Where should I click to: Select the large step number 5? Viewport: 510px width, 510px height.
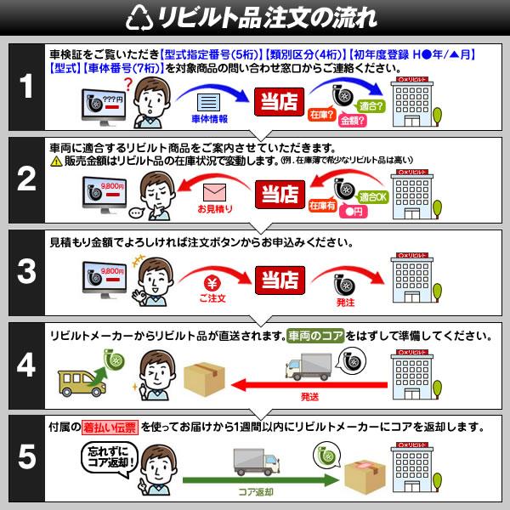point(27,456)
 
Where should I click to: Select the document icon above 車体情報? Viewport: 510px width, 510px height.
point(205,101)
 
